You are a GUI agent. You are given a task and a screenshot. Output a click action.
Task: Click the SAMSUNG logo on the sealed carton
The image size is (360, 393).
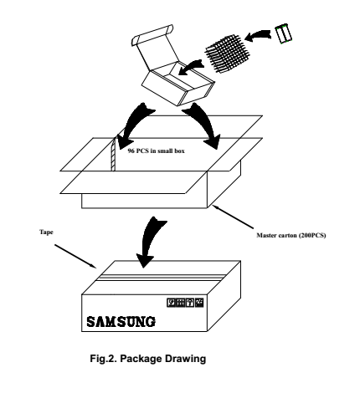pyautogui.click(x=121, y=321)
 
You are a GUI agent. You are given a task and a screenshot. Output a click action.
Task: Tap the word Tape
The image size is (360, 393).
pyautogui.click(x=46, y=232)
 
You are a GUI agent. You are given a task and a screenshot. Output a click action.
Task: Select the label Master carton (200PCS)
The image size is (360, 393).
pyautogui.click(x=291, y=235)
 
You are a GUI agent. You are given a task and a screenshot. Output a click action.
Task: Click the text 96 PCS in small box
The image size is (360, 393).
pyautogui.click(x=156, y=151)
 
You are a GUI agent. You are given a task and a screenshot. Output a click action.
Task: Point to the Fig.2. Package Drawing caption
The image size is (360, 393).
pyautogui.click(x=148, y=359)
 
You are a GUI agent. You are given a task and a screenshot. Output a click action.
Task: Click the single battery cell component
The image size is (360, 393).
pyautogui.click(x=283, y=33)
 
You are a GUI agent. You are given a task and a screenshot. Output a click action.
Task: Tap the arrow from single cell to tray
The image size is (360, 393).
pyautogui.click(x=258, y=35)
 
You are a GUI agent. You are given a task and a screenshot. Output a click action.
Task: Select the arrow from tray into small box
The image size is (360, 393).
pyautogui.click(x=191, y=67)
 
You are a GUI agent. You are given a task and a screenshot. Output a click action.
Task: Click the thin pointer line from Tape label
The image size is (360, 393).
pyautogui.click(x=75, y=256)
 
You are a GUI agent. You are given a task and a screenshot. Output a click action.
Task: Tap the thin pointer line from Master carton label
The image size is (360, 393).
pyautogui.click(x=233, y=217)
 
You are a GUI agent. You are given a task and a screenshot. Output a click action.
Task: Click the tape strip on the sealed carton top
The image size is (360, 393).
pyautogui.click(x=162, y=278)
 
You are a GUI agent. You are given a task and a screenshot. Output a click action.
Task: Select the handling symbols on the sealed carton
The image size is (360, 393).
pyautogui.click(x=185, y=303)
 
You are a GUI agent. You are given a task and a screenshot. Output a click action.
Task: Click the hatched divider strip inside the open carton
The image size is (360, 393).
pyautogui.click(x=114, y=154)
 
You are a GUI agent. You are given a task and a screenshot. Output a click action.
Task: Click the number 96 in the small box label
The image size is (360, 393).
pyautogui.click(x=131, y=151)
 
